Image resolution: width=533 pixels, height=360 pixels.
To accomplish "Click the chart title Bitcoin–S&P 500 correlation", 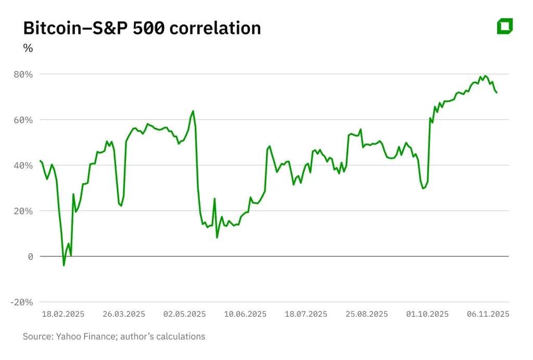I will pos(142,28).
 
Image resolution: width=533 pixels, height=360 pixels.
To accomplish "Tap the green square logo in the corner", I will pos(505,26).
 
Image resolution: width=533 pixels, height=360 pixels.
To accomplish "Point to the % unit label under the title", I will pos(28,48).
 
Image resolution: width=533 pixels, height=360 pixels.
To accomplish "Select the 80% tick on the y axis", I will pos(23,74).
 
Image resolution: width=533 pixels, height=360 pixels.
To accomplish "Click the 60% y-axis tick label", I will pos(23,120).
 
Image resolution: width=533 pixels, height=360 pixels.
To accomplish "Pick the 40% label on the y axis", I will pos(23,165).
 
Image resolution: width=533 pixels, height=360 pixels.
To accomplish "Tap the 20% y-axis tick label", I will pos(23,211).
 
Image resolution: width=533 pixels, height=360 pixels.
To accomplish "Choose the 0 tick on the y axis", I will pos(30,256).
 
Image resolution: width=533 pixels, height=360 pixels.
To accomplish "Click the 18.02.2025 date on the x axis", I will pos(63,314).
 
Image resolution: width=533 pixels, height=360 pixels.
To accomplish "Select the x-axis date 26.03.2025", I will pos(124,314).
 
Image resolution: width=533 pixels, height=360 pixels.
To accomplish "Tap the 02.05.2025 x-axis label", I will pos(184,314).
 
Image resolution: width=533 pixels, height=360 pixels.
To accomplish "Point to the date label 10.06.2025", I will pos(245,314).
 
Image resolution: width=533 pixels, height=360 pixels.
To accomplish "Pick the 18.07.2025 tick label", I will pos(306,314).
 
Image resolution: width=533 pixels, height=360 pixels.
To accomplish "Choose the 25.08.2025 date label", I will pos(366,314).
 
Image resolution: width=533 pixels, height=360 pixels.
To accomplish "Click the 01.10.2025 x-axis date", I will pos(427,314).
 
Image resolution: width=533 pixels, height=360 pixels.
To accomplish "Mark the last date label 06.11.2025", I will pos(488,314).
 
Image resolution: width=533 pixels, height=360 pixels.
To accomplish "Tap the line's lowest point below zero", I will pos(64,265).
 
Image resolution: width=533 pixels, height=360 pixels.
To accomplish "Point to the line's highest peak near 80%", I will pos(485,76).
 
